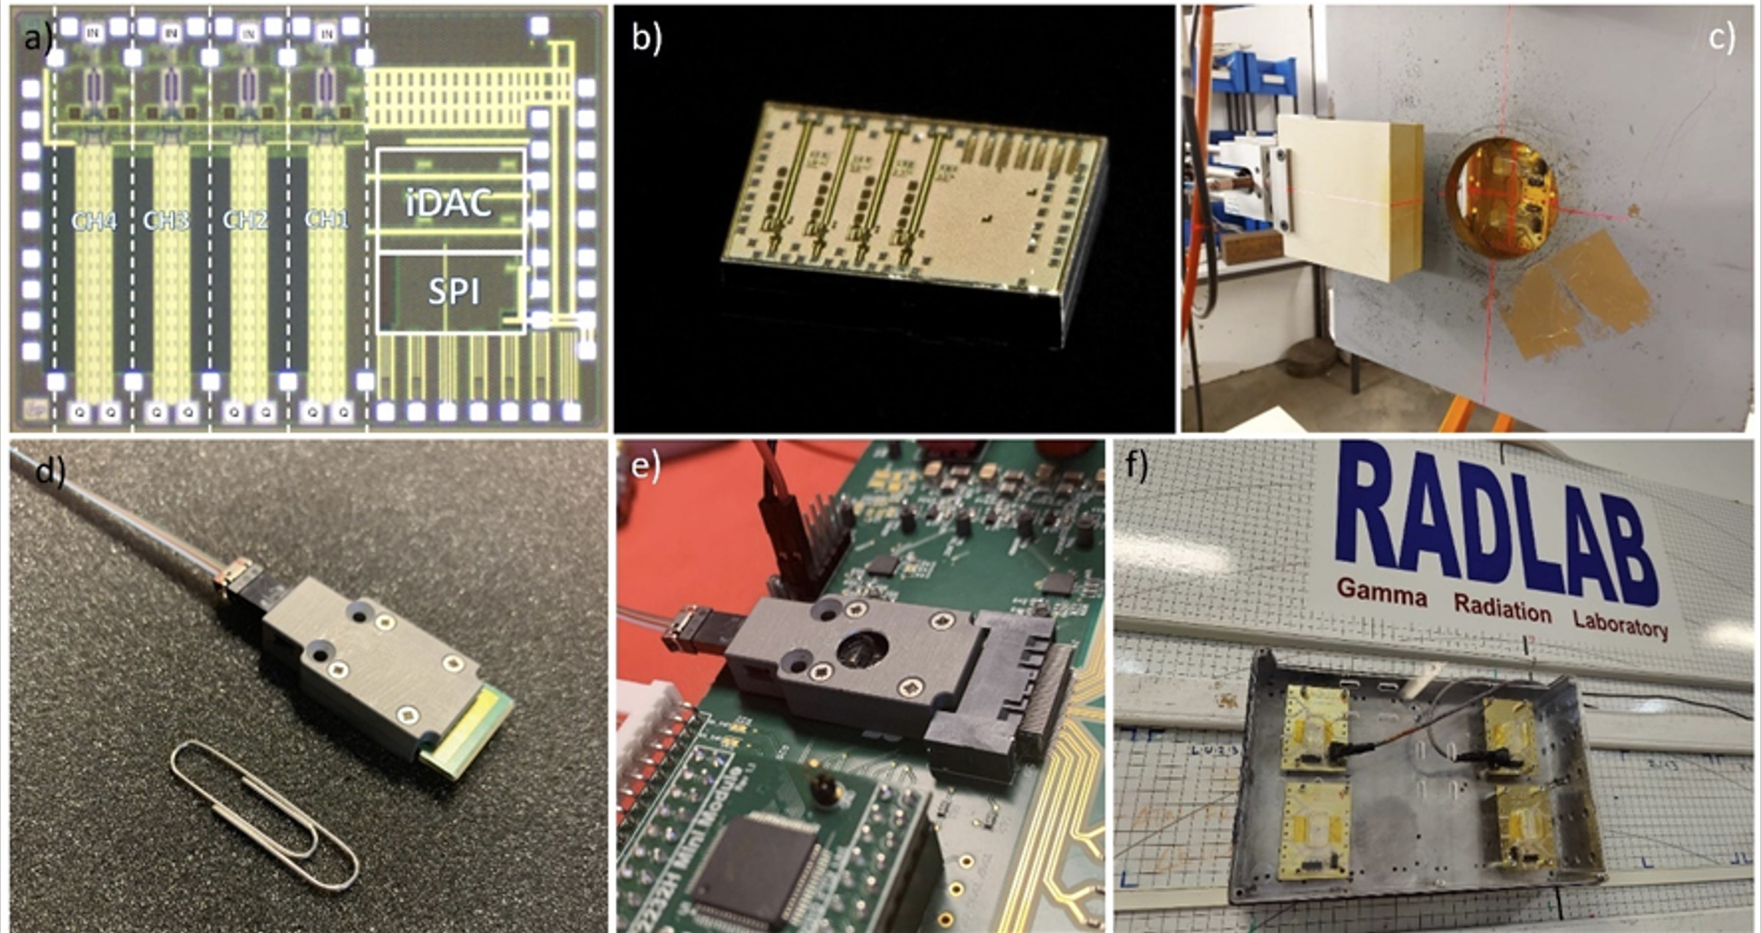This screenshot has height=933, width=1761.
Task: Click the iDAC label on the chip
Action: click(449, 203)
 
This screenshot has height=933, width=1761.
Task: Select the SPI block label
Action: click(454, 292)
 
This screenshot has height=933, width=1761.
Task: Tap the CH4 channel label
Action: click(93, 222)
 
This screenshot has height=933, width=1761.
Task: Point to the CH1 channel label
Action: click(326, 220)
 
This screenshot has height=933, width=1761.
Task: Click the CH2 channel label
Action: click(245, 221)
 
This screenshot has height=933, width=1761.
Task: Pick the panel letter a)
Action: click(37, 36)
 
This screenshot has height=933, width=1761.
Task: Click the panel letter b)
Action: click(646, 37)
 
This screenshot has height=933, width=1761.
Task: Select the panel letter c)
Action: click(1721, 37)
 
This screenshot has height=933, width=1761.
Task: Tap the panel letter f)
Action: click(1136, 465)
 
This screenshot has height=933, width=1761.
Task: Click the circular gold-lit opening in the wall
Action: click(1501, 197)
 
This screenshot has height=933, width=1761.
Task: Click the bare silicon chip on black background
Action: click(912, 199)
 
